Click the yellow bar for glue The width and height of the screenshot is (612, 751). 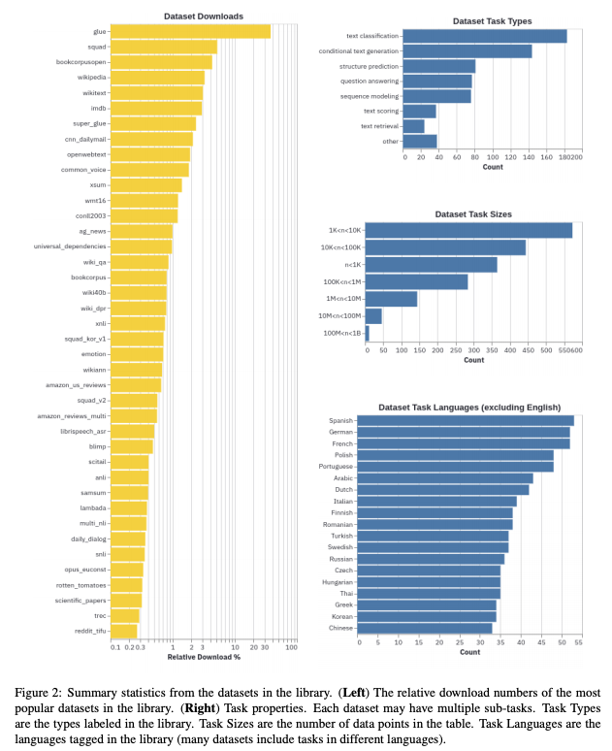[x=191, y=31]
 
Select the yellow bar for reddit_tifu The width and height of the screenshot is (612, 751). [x=124, y=631]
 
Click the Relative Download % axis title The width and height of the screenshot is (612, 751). [x=204, y=657]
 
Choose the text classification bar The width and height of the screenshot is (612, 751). [x=485, y=36]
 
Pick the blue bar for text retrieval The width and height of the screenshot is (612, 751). [x=414, y=126]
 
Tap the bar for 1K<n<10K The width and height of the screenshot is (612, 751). [x=469, y=231]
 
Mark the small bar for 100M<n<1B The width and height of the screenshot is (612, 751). [x=367, y=333]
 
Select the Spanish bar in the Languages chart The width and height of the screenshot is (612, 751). [x=466, y=420]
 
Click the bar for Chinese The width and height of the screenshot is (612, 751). [x=425, y=628]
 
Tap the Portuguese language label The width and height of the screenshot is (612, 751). [x=335, y=466]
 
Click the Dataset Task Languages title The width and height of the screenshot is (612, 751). [x=468, y=407]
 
